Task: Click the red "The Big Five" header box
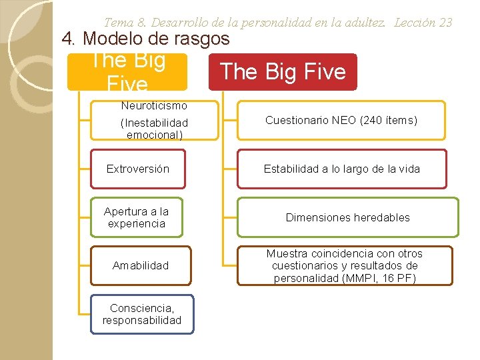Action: pyautogui.click(x=283, y=72)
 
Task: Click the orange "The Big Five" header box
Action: pyautogui.click(x=127, y=72)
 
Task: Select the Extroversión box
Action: pyautogui.click(x=138, y=169)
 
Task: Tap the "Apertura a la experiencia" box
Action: pyautogui.click(x=136, y=217)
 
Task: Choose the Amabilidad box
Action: pyautogui.click(x=141, y=265)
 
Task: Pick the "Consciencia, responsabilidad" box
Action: pyautogui.click(x=141, y=314)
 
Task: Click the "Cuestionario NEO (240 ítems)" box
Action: pyautogui.click(x=341, y=120)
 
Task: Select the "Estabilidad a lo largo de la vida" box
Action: pyautogui.click(x=341, y=169)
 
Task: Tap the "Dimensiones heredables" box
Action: pyautogui.click(x=347, y=217)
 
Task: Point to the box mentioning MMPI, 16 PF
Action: pyautogui.click(x=345, y=265)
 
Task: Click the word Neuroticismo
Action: pyautogui.click(x=154, y=105)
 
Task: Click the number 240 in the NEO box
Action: pyautogui.click(x=373, y=121)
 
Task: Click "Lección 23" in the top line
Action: pyautogui.click(x=423, y=22)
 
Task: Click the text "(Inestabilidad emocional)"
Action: pyautogui.click(x=154, y=129)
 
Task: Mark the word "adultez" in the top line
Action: pyautogui.click(x=366, y=22)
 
